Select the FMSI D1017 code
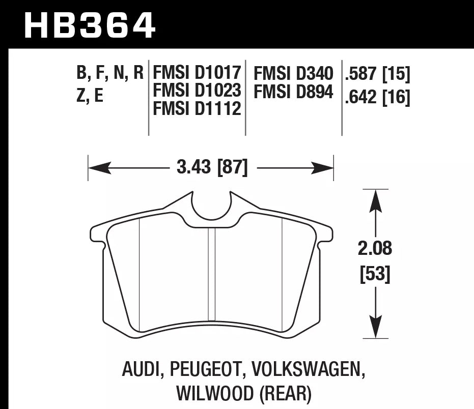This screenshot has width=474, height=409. point(197,74)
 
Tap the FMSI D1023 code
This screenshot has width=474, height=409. point(197,91)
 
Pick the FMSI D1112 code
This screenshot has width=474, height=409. point(197,108)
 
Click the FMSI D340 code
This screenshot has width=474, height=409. point(293,74)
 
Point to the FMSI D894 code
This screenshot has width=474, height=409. point(293,92)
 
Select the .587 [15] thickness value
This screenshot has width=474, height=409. point(377,75)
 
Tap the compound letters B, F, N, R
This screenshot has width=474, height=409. point(109,74)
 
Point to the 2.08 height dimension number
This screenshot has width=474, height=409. point(376,249)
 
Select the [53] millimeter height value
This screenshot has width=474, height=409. point(376,275)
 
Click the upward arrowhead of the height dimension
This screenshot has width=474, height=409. point(376,198)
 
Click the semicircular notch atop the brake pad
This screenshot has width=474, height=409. point(211,207)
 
